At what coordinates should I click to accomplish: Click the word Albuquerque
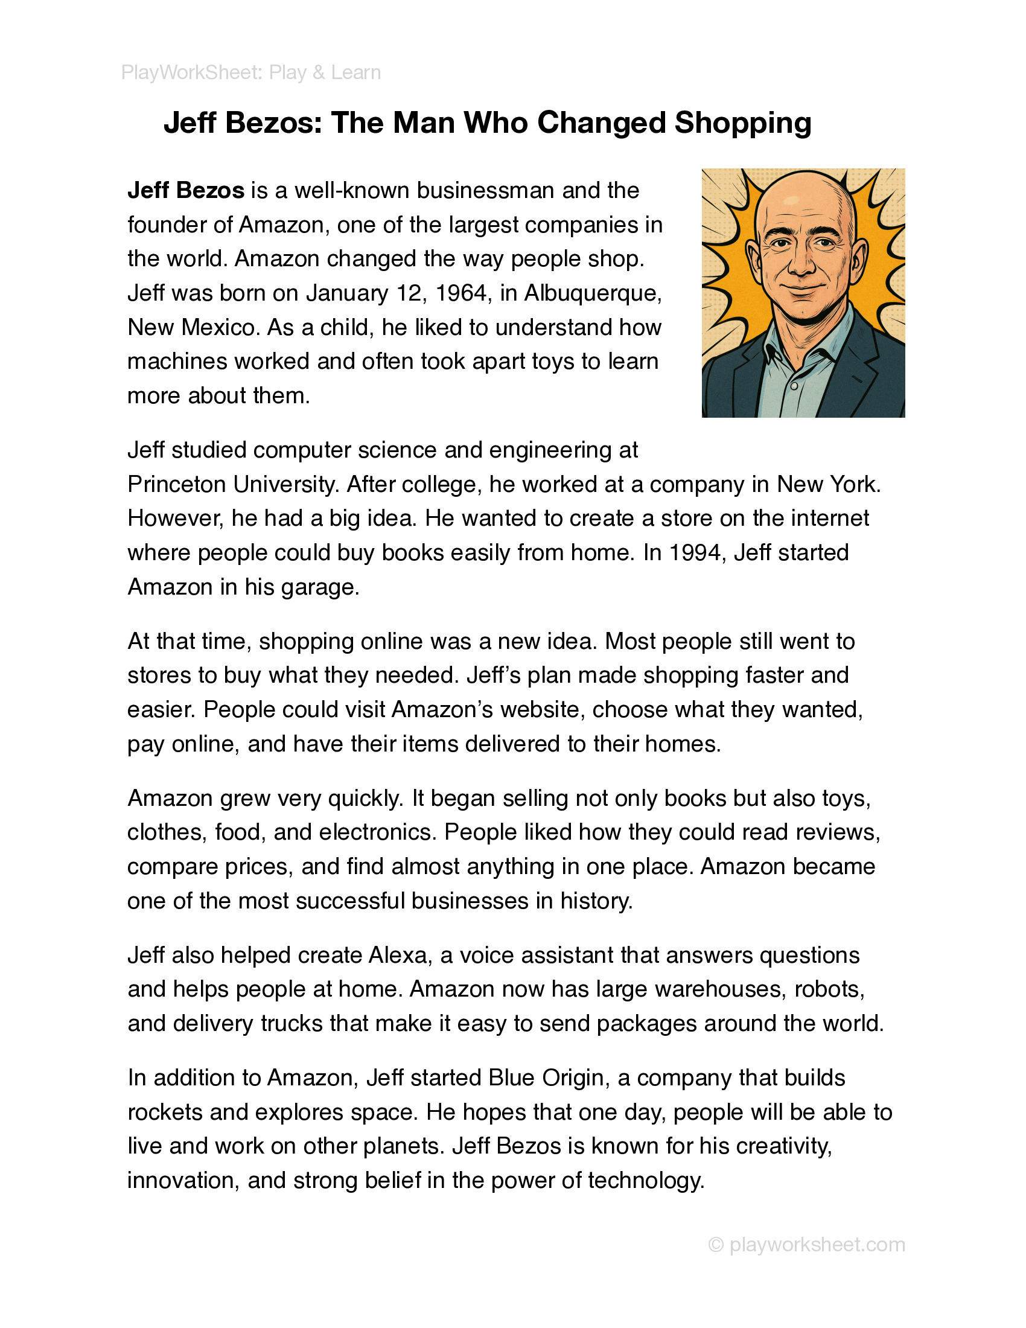coord(592,294)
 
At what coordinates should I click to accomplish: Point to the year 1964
coord(463,294)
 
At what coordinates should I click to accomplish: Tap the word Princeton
coord(176,485)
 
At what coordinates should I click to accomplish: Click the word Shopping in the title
coord(743,123)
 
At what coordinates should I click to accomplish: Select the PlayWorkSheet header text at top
coord(251,73)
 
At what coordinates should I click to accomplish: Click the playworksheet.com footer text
coord(817,1245)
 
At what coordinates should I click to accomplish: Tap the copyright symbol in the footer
coord(716,1245)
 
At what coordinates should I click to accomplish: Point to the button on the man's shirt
coord(793,386)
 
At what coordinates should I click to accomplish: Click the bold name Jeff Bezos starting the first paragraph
coord(186,191)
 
